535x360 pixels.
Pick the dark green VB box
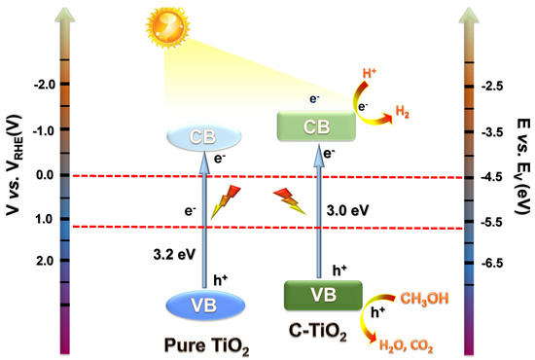(322, 296)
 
